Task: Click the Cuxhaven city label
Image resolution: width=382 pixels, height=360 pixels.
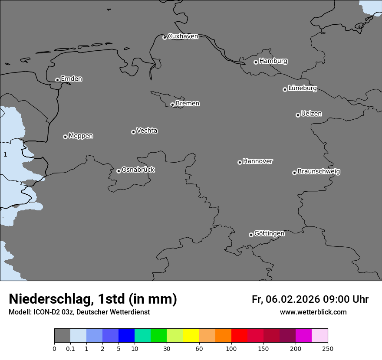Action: tap(183, 36)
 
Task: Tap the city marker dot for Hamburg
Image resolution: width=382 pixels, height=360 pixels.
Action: tap(256, 62)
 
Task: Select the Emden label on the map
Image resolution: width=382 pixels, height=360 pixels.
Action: tap(71, 79)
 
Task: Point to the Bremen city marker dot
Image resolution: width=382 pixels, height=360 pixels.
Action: tap(172, 105)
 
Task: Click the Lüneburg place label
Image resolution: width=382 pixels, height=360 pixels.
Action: tap(302, 88)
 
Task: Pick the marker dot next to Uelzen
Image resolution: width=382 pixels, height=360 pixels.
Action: tap(298, 115)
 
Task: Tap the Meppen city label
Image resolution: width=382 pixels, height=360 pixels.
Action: tap(81, 136)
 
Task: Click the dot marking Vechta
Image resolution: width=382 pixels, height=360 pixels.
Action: tap(133, 132)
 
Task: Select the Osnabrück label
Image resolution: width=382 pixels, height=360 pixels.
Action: tap(138, 170)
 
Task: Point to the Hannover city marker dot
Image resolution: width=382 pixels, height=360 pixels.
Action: tap(240, 162)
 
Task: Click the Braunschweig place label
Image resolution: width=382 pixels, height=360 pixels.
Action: tap(319, 171)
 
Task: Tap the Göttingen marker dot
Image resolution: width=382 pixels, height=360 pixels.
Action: tap(251, 235)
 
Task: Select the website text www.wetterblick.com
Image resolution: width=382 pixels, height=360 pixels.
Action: tap(313, 312)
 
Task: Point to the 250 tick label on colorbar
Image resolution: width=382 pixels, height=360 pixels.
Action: tap(328, 349)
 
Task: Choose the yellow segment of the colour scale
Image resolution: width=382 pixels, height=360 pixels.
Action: tap(191, 336)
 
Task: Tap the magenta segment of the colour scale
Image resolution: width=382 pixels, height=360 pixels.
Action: tap(303, 336)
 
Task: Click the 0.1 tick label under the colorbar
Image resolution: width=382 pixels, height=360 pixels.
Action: tap(70, 349)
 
